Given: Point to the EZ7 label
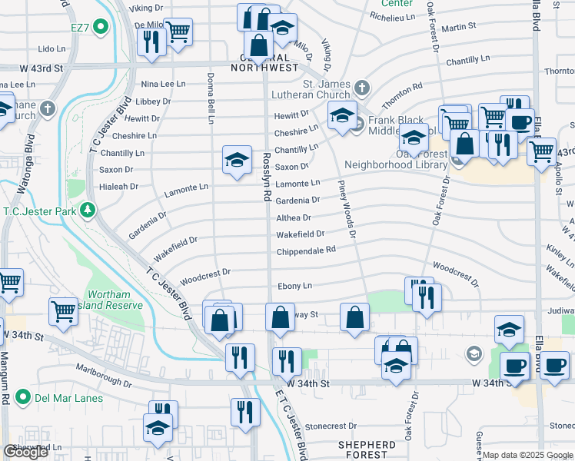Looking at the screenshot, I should pos(79,28).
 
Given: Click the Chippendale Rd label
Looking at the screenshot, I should pos(306,250).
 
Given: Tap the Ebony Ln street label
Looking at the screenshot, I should pos(294,286).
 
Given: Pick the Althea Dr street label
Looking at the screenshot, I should pos(293,218).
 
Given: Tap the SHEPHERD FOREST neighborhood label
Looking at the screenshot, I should pos(367,449).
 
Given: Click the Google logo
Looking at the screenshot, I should pos(25,452).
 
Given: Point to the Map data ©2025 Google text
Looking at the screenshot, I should pos(527,456).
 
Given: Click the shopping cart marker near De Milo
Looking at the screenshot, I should pos(178,32).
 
